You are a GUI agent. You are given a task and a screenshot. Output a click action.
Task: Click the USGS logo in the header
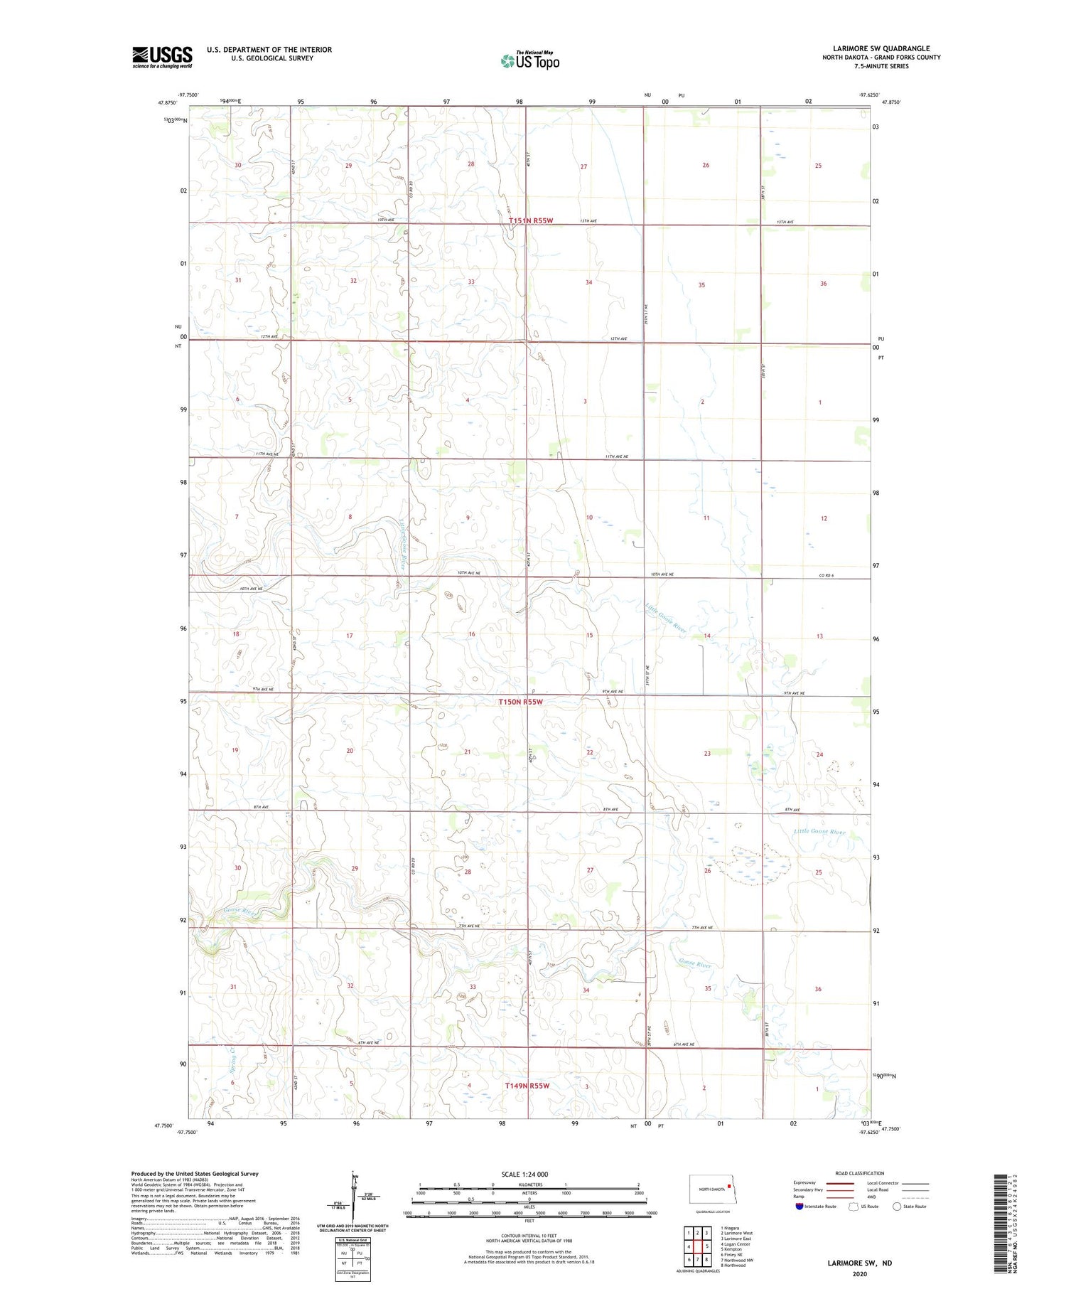pyautogui.click(x=162, y=57)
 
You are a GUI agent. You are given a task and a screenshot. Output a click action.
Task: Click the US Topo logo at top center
pyautogui.click(x=529, y=60)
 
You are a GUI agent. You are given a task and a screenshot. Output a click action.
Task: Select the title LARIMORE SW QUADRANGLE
pyautogui.click(x=881, y=48)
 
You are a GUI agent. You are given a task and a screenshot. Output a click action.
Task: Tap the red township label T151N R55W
pyautogui.click(x=530, y=221)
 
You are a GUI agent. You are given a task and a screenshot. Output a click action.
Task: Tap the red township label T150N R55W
pyautogui.click(x=520, y=702)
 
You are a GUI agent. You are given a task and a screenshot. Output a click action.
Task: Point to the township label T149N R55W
pyautogui.click(x=527, y=1086)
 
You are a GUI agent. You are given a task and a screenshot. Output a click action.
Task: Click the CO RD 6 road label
pyautogui.click(x=826, y=574)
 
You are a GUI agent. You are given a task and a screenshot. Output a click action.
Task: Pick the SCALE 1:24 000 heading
pyautogui.click(x=524, y=1174)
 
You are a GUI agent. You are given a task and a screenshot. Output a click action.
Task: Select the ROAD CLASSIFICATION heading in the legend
pyautogui.click(x=860, y=1173)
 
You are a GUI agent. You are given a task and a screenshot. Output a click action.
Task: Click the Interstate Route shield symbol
pyautogui.click(x=799, y=1207)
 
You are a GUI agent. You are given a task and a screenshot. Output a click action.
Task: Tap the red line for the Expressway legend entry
pyautogui.click(x=843, y=1183)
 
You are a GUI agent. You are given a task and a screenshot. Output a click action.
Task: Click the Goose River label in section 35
pyautogui.click(x=694, y=964)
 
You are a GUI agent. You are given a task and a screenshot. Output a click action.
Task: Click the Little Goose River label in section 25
pyautogui.click(x=819, y=831)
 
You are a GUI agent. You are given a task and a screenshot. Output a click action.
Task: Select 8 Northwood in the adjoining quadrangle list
pyautogui.click(x=733, y=1265)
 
